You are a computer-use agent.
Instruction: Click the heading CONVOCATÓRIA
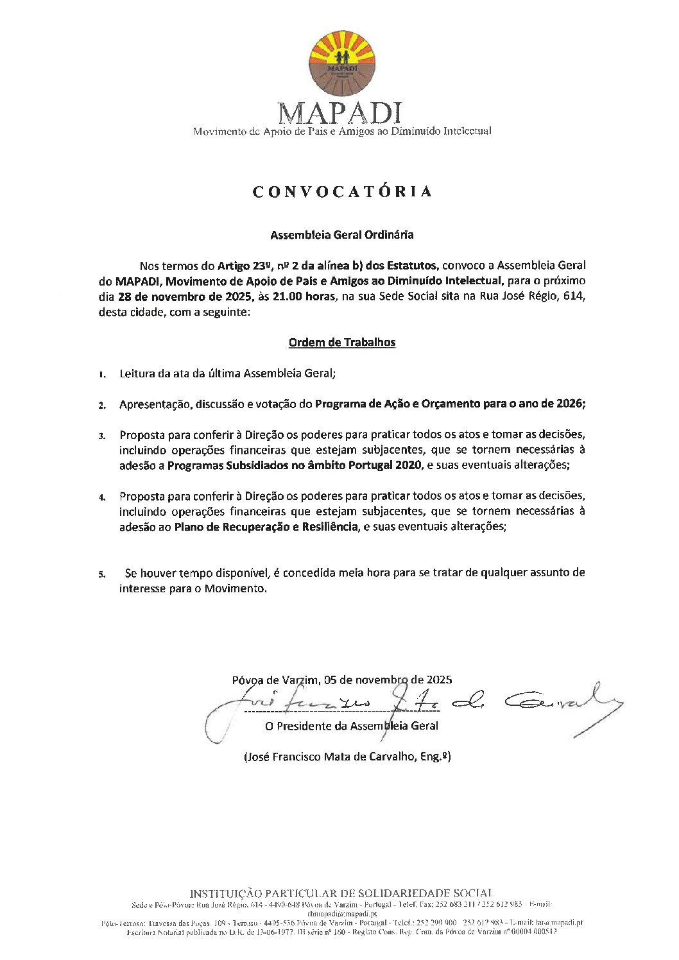[342, 191]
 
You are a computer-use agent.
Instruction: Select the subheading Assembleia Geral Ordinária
[341, 235]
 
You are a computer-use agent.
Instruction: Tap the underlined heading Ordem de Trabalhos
[341, 343]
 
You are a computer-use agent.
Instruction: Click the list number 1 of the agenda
[102, 374]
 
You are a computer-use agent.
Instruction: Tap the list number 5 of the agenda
[102, 574]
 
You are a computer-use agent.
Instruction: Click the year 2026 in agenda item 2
[571, 404]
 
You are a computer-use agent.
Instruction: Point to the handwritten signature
[411, 705]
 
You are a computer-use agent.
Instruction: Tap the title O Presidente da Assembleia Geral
[351, 726]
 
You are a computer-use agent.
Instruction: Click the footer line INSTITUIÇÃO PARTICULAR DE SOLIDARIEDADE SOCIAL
[341, 893]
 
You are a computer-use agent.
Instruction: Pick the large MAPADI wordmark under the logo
[341, 114]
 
